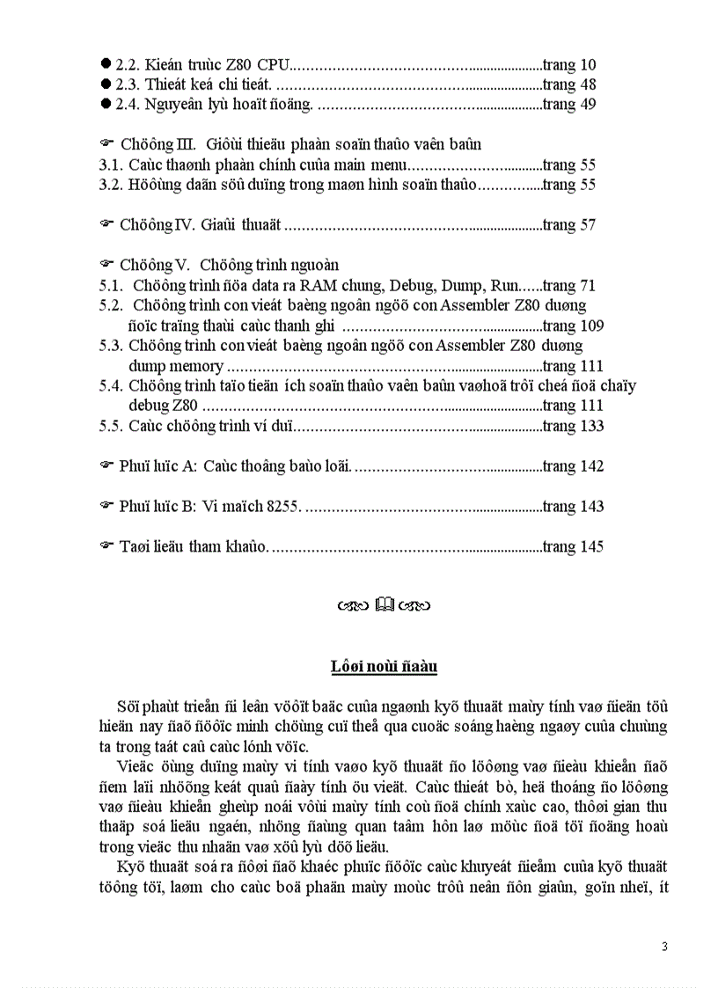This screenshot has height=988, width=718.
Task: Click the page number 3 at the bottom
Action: pyautogui.click(x=664, y=947)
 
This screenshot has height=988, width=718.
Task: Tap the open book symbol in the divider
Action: pyautogui.click(x=385, y=604)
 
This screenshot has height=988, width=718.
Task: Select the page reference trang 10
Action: pyautogui.click(x=569, y=64)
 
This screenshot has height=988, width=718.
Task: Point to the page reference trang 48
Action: pyautogui.click(x=569, y=84)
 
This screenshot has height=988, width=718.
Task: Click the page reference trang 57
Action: pyautogui.click(x=569, y=224)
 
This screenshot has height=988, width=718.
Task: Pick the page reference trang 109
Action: pyautogui.click(x=573, y=326)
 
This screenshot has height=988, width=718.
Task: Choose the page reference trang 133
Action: pyautogui.click(x=573, y=426)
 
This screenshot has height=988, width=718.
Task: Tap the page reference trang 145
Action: pyautogui.click(x=573, y=546)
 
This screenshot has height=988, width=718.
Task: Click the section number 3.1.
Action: pyautogui.click(x=110, y=165)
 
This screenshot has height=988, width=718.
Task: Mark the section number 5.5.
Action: pyautogui.click(x=110, y=426)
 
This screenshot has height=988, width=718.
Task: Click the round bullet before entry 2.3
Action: pyautogui.click(x=106, y=84)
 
